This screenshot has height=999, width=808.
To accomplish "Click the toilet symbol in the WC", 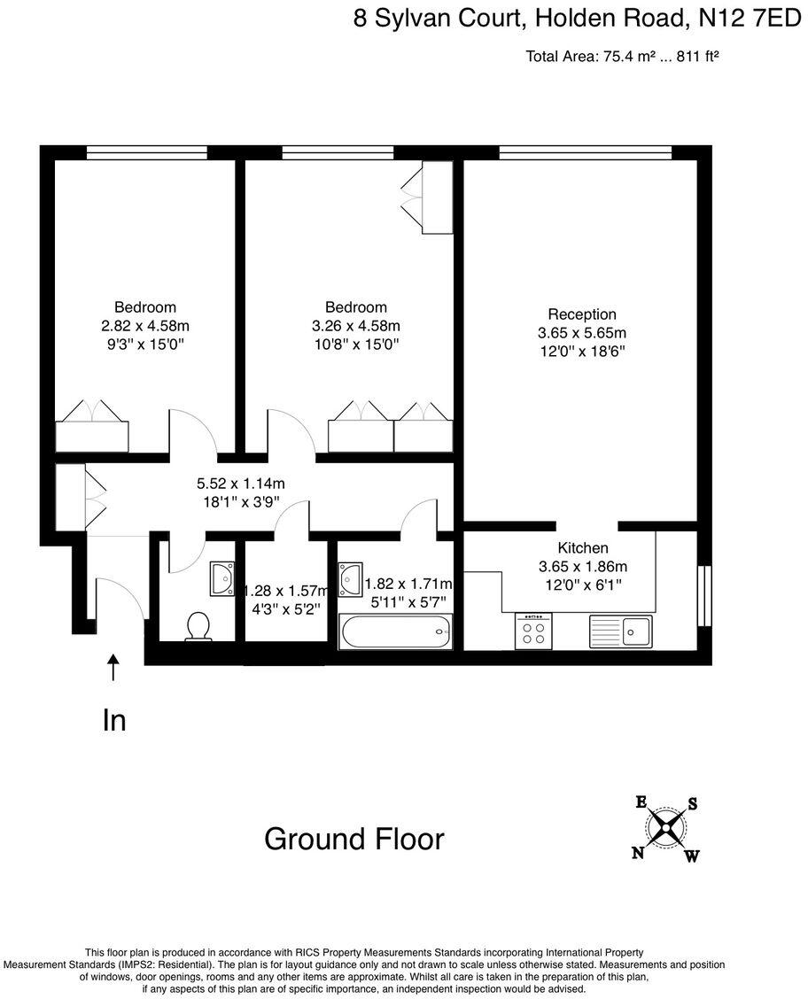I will (198, 626).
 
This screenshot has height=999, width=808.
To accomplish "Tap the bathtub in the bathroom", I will (395, 632).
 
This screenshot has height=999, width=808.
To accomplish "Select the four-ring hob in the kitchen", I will (534, 631).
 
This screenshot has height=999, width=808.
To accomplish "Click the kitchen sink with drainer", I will (620, 631).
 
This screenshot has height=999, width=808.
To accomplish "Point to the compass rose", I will (665, 829).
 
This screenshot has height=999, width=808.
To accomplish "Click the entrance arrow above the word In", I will (113, 667).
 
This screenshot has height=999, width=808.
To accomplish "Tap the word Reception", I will (582, 314).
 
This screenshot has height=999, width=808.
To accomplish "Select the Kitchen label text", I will (582, 548).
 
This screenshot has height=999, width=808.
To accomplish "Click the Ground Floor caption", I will (353, 839).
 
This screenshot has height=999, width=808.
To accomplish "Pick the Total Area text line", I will (621, 57).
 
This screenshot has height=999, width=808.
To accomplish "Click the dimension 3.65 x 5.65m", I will (582, 333).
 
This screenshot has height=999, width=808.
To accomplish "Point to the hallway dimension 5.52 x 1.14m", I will (240, 484).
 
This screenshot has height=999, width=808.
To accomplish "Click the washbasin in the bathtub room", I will (351, 577).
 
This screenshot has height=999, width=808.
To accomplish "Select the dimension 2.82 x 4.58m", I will (145, 326).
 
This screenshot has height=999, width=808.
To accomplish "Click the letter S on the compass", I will (693, 804).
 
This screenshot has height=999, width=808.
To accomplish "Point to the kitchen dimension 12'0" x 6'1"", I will (582, 585).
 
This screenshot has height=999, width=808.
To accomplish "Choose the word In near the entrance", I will (114, 721).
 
